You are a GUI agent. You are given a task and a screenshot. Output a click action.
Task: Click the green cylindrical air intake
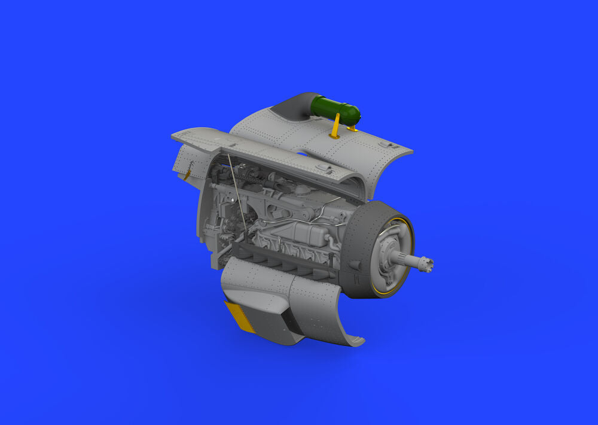(336, 108)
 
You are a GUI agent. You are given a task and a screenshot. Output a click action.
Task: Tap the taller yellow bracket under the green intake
(337, 126)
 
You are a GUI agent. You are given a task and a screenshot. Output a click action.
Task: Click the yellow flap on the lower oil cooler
(239, 316)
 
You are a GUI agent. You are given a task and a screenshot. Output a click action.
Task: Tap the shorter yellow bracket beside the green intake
(352, 127)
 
